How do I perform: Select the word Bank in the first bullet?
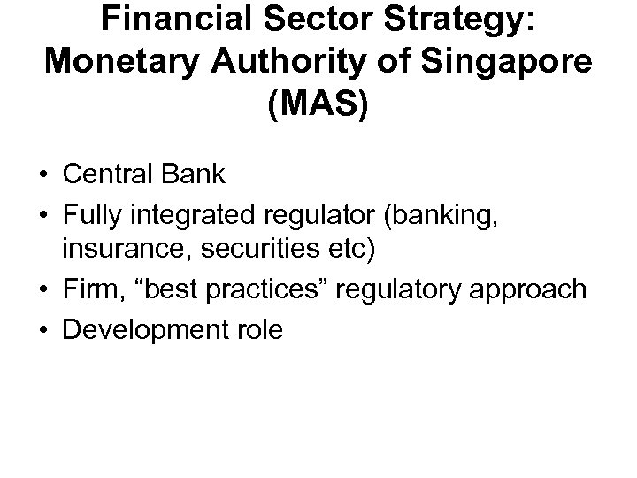(199, 174)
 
